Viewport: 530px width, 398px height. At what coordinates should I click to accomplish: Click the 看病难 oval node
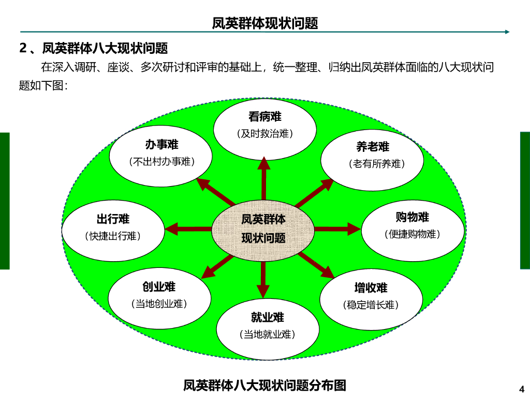(264, 124)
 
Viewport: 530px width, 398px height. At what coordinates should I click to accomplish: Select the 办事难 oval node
(161, 153)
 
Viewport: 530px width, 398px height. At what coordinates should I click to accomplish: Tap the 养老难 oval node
(372, 155)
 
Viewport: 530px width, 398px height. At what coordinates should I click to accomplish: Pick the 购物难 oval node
(412, 226)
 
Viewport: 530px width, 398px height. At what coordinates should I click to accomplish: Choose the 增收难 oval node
(371, 296)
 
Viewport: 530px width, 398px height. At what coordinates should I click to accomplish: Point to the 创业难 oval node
(159, 295)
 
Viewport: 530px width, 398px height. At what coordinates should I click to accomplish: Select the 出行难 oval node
(113, 228)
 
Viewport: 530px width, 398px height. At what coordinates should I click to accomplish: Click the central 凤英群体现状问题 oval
(263, 229)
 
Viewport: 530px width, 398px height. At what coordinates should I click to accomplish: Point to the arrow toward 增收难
(315, 264)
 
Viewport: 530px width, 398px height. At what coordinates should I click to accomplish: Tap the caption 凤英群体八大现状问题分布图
(264, 385)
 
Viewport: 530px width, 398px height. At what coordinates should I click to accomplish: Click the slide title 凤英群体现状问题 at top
(265, 23)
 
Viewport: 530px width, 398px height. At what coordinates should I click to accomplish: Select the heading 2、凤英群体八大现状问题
(94, 49)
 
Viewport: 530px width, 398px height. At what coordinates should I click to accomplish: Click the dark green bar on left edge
(5, 201)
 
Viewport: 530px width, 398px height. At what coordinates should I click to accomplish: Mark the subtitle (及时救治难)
(264, 134)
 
